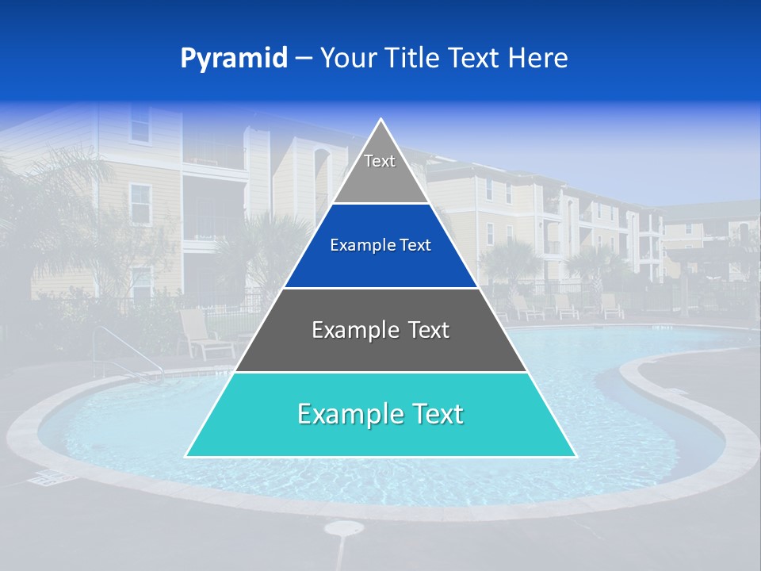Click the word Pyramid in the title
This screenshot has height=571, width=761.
(x=233, y=58)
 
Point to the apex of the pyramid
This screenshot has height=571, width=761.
(x=380, y=120)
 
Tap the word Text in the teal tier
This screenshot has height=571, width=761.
(x=431, y=414)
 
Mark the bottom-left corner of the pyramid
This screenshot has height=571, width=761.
(x=186, y=456)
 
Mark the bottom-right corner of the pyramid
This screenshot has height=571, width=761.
(x=576, y=456)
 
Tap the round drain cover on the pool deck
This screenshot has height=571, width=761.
(x=344, y=528)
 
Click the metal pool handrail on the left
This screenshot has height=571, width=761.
(x=119, y=349)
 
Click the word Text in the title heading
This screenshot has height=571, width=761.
(x=474, y=58)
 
